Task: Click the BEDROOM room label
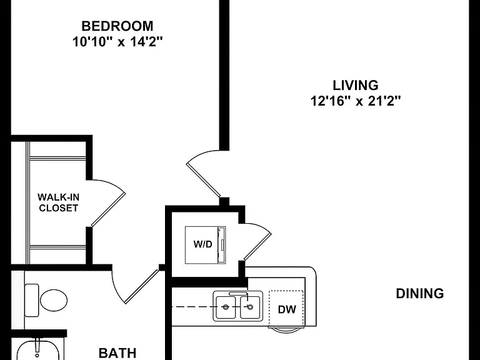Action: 117,26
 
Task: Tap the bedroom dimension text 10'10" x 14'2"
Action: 117,42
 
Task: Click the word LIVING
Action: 356,85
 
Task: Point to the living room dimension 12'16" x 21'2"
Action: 356,101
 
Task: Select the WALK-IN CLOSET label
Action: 58,202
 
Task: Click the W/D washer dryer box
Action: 206,245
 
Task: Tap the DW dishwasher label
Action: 287,309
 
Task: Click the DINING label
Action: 420,293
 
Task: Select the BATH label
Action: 117,353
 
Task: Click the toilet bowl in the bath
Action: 54,300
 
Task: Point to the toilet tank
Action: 31,300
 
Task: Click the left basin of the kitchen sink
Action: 226,307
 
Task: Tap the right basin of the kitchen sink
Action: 250,307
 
